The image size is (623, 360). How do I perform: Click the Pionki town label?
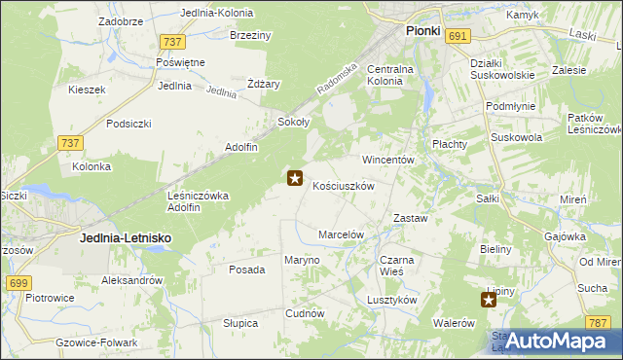[422, 31]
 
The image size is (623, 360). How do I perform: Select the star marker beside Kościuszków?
[295, 178]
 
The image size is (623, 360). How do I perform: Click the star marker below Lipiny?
[489, 301]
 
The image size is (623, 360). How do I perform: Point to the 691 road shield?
[459, 36]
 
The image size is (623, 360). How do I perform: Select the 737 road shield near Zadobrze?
[173, 41]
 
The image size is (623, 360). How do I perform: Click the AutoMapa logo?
[556, 341]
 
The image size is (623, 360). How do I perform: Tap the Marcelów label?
[341, 234]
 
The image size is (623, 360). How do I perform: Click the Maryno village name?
[301, 260]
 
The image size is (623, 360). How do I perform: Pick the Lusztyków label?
[392, 300]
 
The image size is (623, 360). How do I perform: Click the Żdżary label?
[263, 84]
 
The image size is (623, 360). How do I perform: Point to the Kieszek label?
[86, 90]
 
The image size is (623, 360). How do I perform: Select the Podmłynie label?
[511, 105]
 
